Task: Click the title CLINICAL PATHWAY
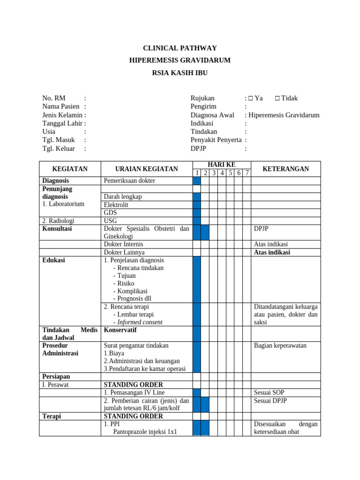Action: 180,48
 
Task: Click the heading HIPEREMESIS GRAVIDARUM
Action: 180,60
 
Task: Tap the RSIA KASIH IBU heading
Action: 180,73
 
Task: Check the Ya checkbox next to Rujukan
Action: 251,98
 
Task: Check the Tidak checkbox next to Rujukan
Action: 277,98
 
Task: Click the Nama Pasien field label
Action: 61,106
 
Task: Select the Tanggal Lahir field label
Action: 62,123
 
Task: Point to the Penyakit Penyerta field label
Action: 216,140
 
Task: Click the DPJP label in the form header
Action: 198,149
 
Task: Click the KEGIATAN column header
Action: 70,169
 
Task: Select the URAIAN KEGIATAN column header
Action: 147,169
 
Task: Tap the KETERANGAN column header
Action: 285,169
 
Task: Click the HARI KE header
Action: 221,165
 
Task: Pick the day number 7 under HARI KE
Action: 247,173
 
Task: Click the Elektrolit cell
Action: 116,205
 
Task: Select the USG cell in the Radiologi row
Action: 111,221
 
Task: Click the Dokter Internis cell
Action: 124,244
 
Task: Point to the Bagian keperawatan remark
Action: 280,345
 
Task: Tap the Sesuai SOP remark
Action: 269,392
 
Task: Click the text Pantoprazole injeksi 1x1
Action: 145,432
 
